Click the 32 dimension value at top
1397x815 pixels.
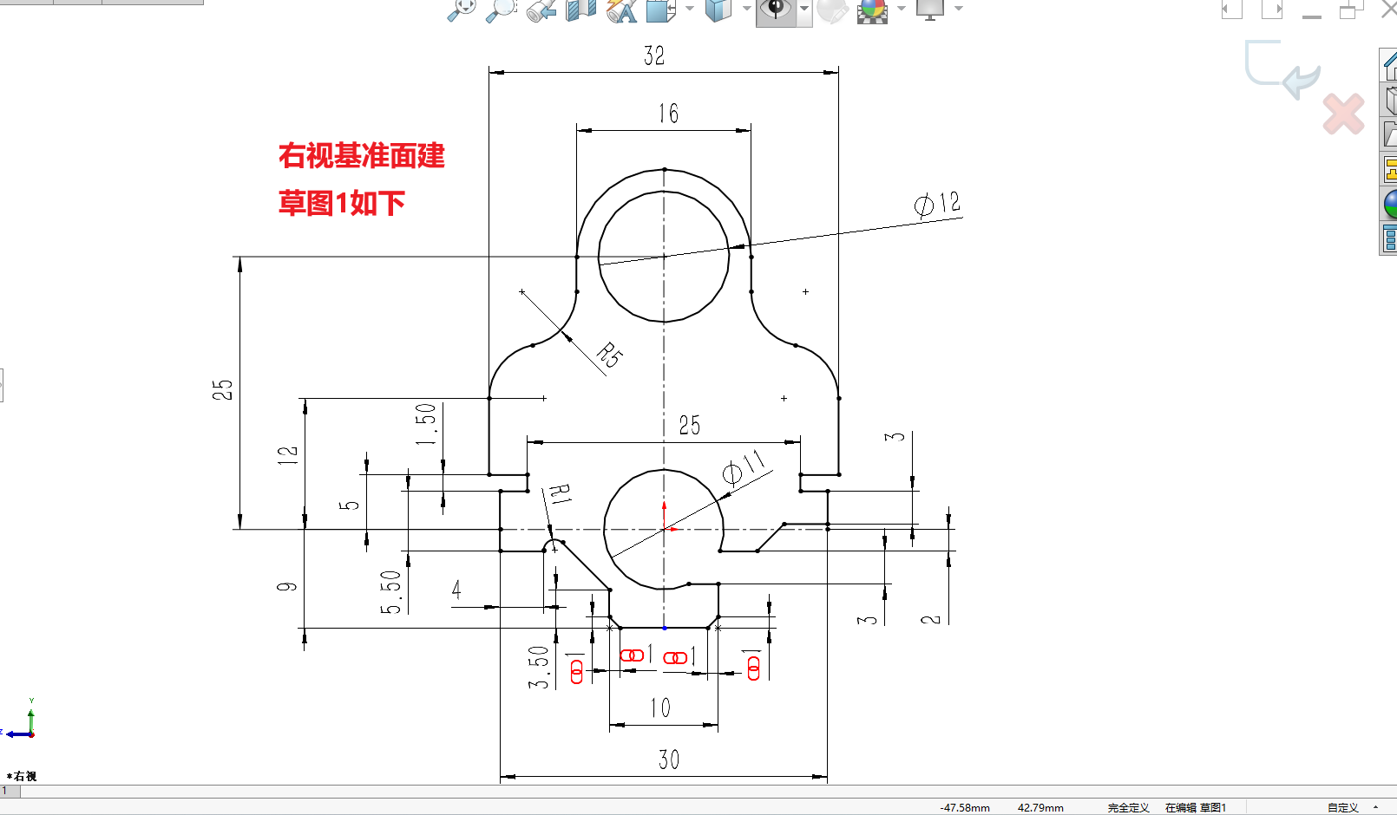coord(654,55)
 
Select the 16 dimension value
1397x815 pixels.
coord(668,114)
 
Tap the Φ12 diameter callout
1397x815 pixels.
coord(937,204)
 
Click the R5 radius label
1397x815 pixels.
coord(610,355)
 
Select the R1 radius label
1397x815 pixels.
coord(560,494)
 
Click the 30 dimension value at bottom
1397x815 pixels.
coord(668,760)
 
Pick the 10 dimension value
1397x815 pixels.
coord(660,707)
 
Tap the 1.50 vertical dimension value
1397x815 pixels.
coord(426,424)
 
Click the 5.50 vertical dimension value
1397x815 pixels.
coord(391,592)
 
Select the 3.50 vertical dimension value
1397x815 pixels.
coord(539,668)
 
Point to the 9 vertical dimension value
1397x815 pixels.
coord(287,587)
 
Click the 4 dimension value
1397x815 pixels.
coord(456,590)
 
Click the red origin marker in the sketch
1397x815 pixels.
coord(665,528)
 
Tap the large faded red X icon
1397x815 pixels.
coord(1343,114)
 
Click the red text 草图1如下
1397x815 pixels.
coord(342,203)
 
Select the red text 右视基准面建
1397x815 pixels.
coord(362,156)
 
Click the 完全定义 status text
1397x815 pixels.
coord(1128,807)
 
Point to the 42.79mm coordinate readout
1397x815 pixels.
coord(1040,807)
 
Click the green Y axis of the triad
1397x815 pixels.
coord(31,720)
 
